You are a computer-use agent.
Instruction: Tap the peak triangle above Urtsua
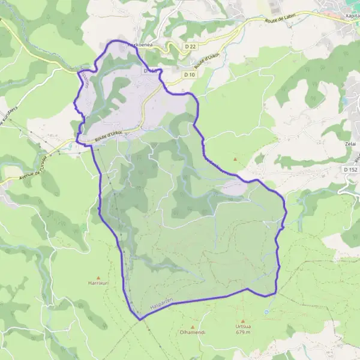(x=243, y=320)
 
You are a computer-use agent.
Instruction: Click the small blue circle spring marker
(x=266, y=312)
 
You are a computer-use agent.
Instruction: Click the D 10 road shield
(x=190, y=74)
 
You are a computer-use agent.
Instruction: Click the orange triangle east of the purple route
(x=235, y=159)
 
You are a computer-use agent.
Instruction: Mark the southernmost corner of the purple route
(x=142, y=319)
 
